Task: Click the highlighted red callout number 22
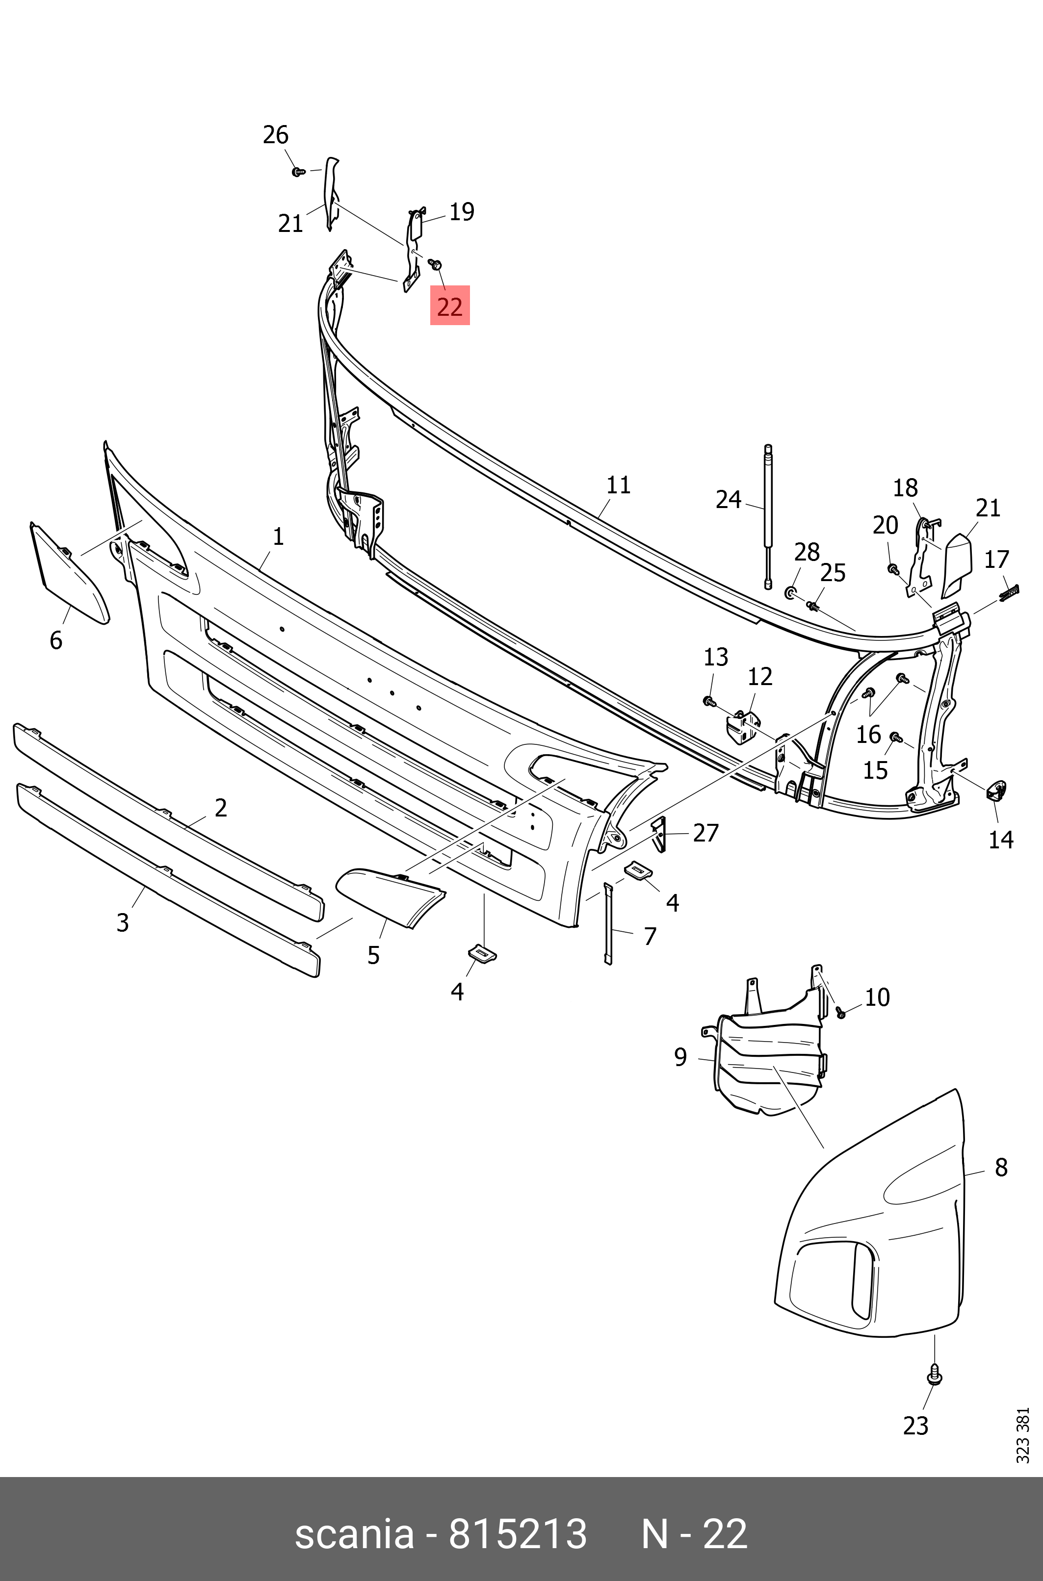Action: click(x=450, y=306)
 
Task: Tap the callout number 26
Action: click(x=275, y=135)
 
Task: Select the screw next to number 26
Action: click(x=299, y=172)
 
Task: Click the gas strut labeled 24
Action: click(x=768, y=516)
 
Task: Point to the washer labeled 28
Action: click(x=791, y=592)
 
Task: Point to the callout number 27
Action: click(x=706, y=832)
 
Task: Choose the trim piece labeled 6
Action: click(x=70, y=574)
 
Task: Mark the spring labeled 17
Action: click(x=1010, y=591)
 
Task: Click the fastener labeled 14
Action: click(x=996, y=790)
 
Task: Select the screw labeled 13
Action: click(x=709, y=701)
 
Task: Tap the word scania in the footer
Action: click(x=354, y=1534)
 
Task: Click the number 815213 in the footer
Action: click(x=518, y=1534)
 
